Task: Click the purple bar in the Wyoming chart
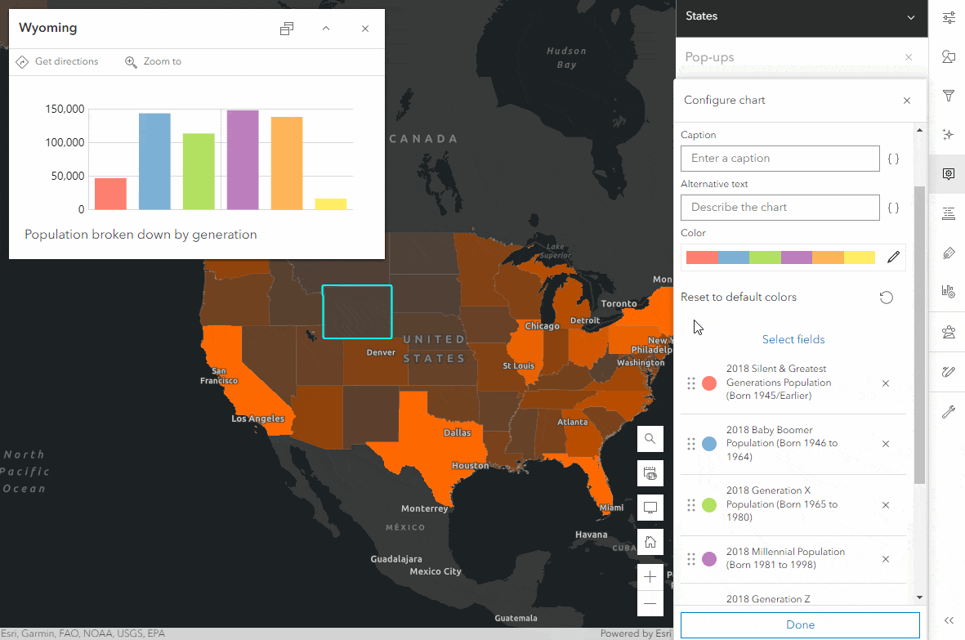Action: (243, 160)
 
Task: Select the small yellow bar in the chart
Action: (331, 204)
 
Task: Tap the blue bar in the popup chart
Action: (154, 162)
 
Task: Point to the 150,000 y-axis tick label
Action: (65, 109)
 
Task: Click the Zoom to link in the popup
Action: (154, 61)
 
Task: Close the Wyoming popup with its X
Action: (365, 29)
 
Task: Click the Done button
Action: (800, 624)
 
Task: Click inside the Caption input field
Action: (780, 159)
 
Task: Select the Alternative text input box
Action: (780, 208)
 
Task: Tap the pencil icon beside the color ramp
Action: (893, 257)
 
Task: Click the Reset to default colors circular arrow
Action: (886, 298)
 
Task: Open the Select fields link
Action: (793, 339)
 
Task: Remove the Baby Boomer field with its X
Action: (886, 444)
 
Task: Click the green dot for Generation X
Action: (709, 504)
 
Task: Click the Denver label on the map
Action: (381, 352)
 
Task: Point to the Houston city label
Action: (470, 466)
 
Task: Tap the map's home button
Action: (650, 541)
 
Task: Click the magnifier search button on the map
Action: (650, 439)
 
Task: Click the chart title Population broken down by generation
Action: (141, 235)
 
